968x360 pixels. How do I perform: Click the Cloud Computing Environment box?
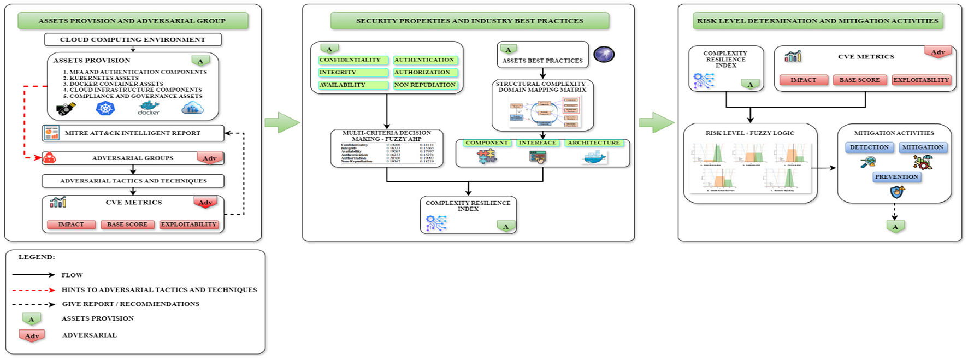[133, 39]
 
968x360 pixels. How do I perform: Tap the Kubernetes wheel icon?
[105, 108]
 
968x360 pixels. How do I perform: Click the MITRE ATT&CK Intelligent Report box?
[133, 133]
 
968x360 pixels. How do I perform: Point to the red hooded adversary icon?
[50, 158]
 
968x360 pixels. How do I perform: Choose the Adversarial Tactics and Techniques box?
[133, 181]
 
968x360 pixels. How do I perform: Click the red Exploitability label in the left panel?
[188, 225]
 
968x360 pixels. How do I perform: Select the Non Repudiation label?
[425, 85]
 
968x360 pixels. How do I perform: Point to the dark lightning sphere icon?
[604, 55]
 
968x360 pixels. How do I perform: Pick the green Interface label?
[538, 143]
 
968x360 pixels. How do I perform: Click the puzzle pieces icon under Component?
[486, 157]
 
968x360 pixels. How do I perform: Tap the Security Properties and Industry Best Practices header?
[469, 21]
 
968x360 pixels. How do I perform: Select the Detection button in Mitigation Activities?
[869, 147]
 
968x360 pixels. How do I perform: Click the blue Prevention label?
[896, 177]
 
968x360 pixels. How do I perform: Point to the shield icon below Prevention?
[896, 192]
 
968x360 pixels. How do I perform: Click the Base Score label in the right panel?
[859, 80]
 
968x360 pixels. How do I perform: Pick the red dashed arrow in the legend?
[33, 290]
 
